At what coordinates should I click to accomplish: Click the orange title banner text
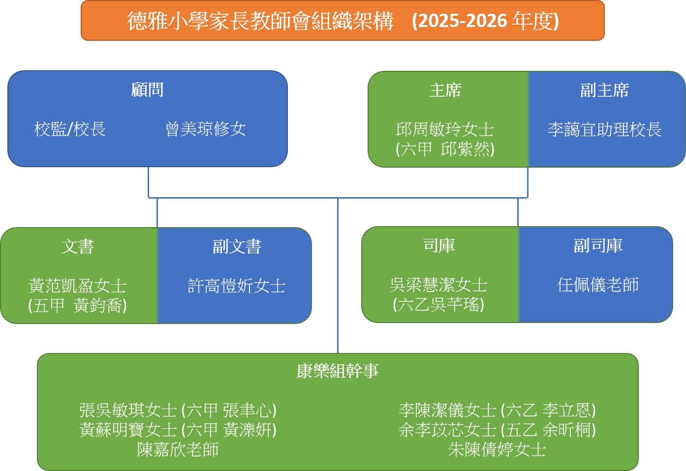343,21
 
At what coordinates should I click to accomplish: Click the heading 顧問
147,90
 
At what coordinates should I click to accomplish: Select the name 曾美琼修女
206,129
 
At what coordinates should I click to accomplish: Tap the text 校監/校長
70,129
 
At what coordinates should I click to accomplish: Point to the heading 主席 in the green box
445,90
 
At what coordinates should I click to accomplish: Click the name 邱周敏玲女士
445,130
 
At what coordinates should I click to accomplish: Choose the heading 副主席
604,90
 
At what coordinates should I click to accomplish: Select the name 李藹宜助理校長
604,130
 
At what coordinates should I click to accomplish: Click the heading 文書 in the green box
78,247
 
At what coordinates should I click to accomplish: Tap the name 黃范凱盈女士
78,286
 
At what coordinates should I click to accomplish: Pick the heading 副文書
237,247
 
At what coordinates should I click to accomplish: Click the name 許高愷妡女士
237,286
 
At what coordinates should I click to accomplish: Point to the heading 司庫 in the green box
439,245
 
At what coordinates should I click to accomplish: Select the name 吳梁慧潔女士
438,285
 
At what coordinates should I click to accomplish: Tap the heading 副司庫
598,245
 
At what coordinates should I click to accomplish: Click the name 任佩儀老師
598,285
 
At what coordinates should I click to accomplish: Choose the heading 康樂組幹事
338,371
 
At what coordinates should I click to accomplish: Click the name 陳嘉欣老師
178,449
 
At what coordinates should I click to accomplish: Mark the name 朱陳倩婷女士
497,449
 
